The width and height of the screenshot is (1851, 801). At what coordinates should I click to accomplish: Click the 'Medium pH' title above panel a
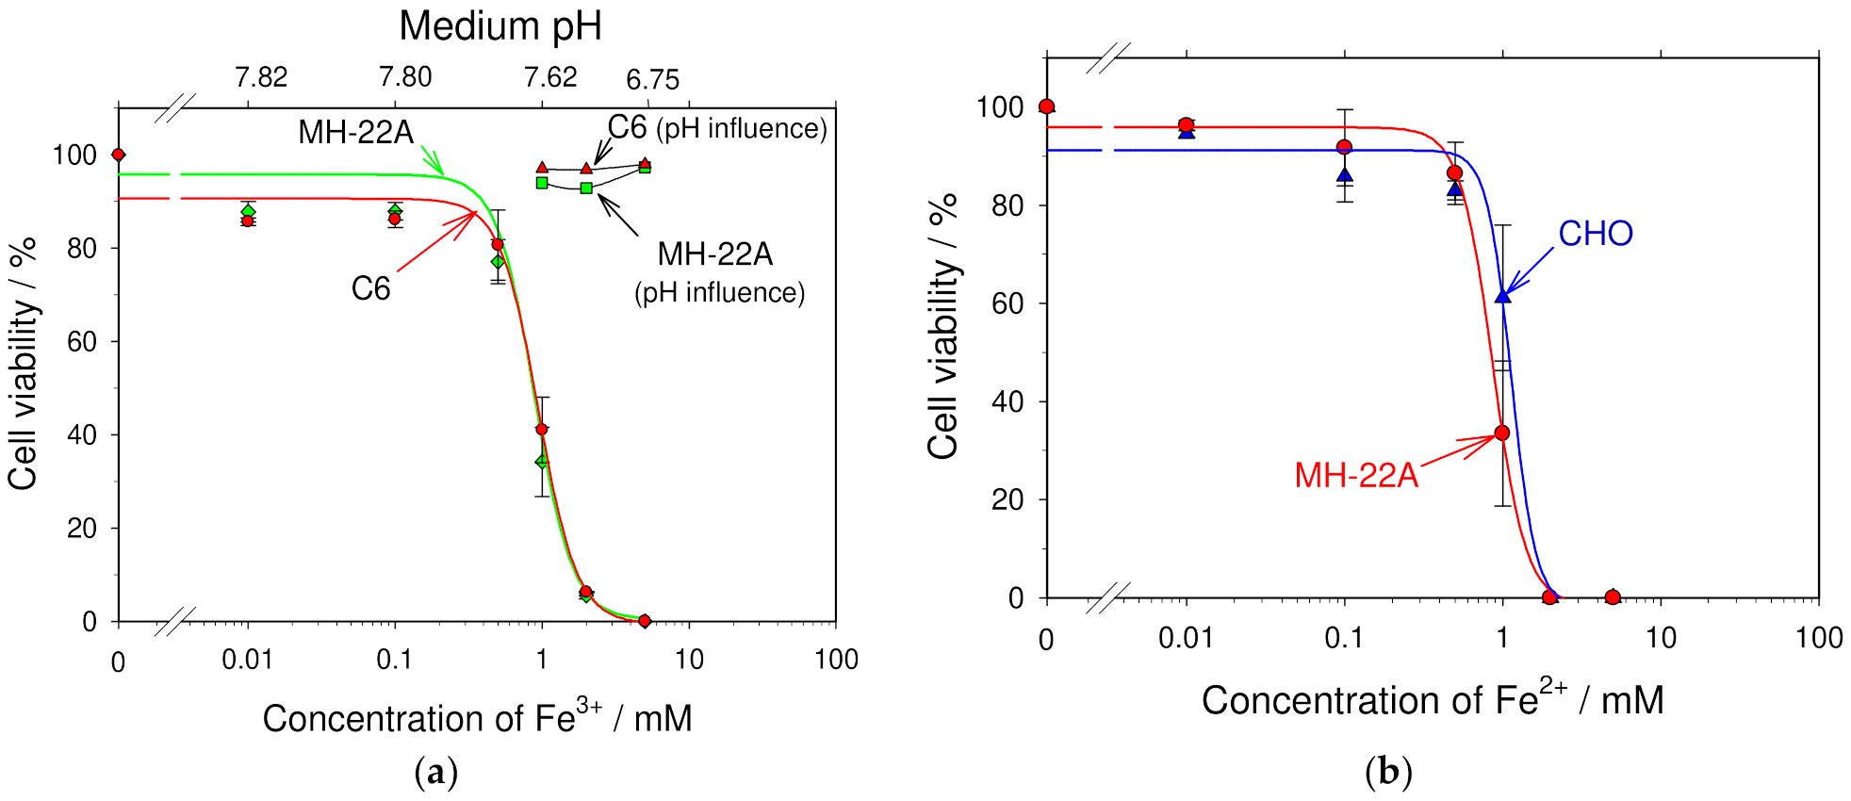(x=500, y=25)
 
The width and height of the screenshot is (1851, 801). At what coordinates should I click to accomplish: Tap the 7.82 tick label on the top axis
(x=261, y=77)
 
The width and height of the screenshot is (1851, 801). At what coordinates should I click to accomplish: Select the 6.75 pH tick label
(x=652, y=80)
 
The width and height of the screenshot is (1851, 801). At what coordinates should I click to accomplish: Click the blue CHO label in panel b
(x=1595, y=234)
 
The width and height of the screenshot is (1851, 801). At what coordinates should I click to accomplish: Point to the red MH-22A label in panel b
(x=1355, y=475)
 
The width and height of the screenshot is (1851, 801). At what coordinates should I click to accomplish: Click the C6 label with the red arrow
(x=370, y=288)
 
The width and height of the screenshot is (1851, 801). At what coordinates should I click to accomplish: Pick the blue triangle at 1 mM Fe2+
(x=1502, y=295)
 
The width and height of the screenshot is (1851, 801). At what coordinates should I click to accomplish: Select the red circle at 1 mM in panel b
(x=1502, y=433)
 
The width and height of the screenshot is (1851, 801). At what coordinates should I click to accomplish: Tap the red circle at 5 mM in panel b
(x=1613, y=597)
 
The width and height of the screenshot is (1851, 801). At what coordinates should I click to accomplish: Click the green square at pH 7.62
(x=586, y=188)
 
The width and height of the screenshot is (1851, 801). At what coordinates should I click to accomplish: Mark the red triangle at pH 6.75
(x=645, y=163)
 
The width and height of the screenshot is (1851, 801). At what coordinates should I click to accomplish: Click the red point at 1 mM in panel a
(x=541, y=429)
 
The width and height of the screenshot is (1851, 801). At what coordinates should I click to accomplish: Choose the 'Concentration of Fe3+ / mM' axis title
(x=477, y=718)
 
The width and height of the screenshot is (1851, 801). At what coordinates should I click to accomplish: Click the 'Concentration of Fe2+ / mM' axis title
(x=1432, y=699)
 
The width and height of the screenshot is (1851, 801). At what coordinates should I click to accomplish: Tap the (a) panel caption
(x=435, y=773)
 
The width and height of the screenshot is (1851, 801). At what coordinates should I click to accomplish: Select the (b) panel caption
(x=1388, y=773)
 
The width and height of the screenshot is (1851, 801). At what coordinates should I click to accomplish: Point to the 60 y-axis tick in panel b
(x=1007, y=303)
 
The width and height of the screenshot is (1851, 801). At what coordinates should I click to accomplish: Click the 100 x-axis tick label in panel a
(x=835, y=660)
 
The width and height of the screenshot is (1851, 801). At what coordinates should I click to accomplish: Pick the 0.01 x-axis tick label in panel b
(x=1185, y=639)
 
